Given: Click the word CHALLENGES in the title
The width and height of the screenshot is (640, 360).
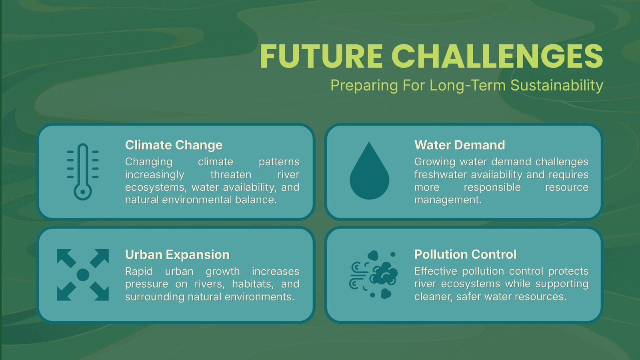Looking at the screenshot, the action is point(497,56).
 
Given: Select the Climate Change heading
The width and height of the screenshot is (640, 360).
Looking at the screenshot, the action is point(174,145).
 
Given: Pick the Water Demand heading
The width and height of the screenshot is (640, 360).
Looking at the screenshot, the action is point(460,145).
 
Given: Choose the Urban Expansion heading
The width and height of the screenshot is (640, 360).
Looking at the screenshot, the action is point(178,254).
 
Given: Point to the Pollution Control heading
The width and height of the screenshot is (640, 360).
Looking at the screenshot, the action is point(466,254).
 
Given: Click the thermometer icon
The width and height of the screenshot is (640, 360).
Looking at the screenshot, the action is point(83,172).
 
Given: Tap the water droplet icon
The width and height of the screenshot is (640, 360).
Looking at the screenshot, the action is point(370,170).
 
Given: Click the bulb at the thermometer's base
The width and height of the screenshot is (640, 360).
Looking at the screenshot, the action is point(83,192).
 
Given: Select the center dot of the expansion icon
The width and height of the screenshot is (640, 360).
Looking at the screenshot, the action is point(83,275).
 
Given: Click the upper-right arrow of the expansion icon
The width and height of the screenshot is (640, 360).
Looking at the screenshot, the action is point(100,258).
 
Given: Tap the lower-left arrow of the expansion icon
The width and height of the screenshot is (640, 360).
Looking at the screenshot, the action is point(66,292).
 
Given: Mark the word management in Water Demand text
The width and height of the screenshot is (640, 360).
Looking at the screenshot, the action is point(448,200).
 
